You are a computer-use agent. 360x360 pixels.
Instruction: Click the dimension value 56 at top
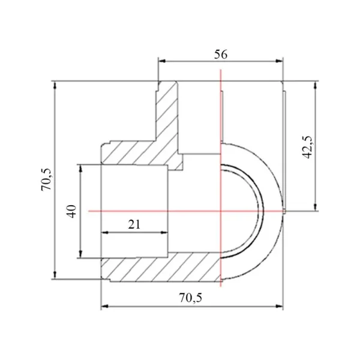point(221,55)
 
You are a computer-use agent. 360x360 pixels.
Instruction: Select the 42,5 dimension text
point(307,147)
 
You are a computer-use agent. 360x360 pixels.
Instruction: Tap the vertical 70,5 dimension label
point(47,179)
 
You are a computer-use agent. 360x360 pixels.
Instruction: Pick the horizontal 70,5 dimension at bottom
point(191,298)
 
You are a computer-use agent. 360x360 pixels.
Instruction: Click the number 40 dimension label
point(71,211)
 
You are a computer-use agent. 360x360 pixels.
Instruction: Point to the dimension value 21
point(134,224)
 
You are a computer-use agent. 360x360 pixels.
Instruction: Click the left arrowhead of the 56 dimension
point(162,61)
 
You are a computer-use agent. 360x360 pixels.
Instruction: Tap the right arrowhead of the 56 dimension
point(279,61)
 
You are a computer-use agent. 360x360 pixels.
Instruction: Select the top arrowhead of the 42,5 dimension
point(316,85)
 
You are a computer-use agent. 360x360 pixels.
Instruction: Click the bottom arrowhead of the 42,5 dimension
point(316,206)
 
